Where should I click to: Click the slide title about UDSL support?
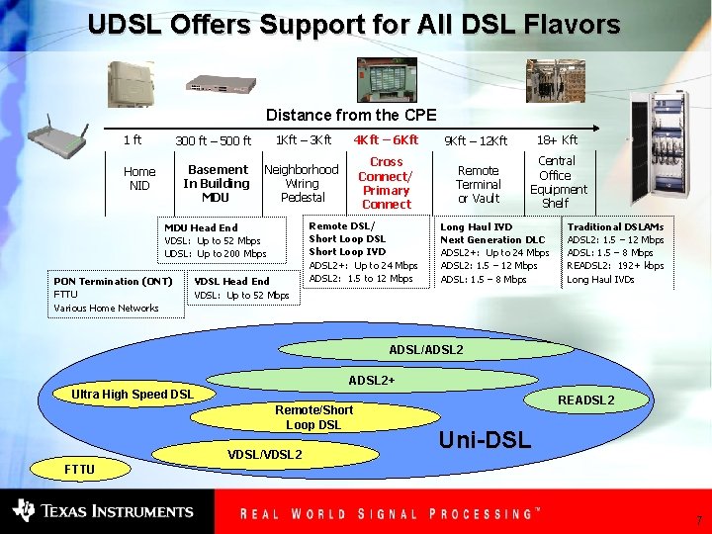point(354,24)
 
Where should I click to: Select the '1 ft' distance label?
point(132,140)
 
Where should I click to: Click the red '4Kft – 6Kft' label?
point(386,140)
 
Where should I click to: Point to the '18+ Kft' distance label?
point(557,140)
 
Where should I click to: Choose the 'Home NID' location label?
point(139,179)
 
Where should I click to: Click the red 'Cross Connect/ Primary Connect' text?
point(386,183)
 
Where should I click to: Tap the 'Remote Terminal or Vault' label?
point(479,184)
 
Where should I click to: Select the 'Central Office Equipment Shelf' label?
point(558,182)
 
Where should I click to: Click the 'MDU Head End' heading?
point(201,227)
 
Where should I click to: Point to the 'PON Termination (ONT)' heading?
point(114,282)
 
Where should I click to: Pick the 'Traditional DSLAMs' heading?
point(615,227)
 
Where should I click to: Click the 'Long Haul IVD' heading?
point(477,227)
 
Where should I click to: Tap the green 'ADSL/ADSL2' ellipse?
point(426,350)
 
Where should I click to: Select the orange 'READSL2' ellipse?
point(585,400)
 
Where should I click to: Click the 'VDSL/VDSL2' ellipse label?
point(264,454)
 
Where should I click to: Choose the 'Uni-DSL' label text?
point(484,438)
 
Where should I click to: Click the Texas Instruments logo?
point(103,510)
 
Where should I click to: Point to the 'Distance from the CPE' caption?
point(351,116)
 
